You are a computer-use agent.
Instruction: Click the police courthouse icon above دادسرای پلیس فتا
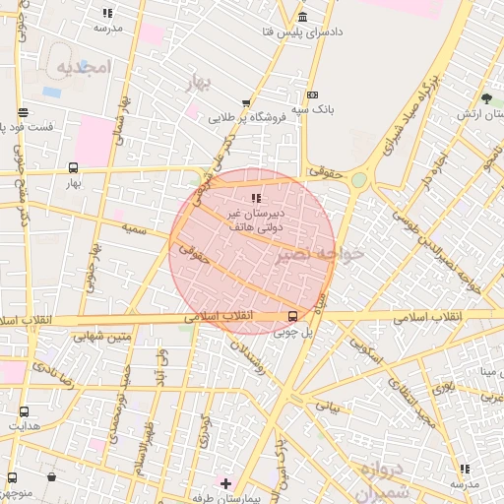coord(301,18)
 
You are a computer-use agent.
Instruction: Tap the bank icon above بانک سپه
coord(313,95)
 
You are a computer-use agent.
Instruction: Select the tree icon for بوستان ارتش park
coord(486,97)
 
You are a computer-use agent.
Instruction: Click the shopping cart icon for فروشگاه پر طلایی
coord(245,102)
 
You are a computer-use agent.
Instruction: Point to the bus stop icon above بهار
coord(73,167)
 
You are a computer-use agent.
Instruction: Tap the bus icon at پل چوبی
coord(292,316)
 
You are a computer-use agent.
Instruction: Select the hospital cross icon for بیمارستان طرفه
coord(226,483)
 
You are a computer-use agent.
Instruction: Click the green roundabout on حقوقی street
coord(358,179)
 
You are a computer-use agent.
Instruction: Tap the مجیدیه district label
coord(82,68)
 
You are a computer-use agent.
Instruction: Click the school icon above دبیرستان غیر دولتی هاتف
coord(258,199)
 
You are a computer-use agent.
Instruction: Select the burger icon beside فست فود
coord(23,111)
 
